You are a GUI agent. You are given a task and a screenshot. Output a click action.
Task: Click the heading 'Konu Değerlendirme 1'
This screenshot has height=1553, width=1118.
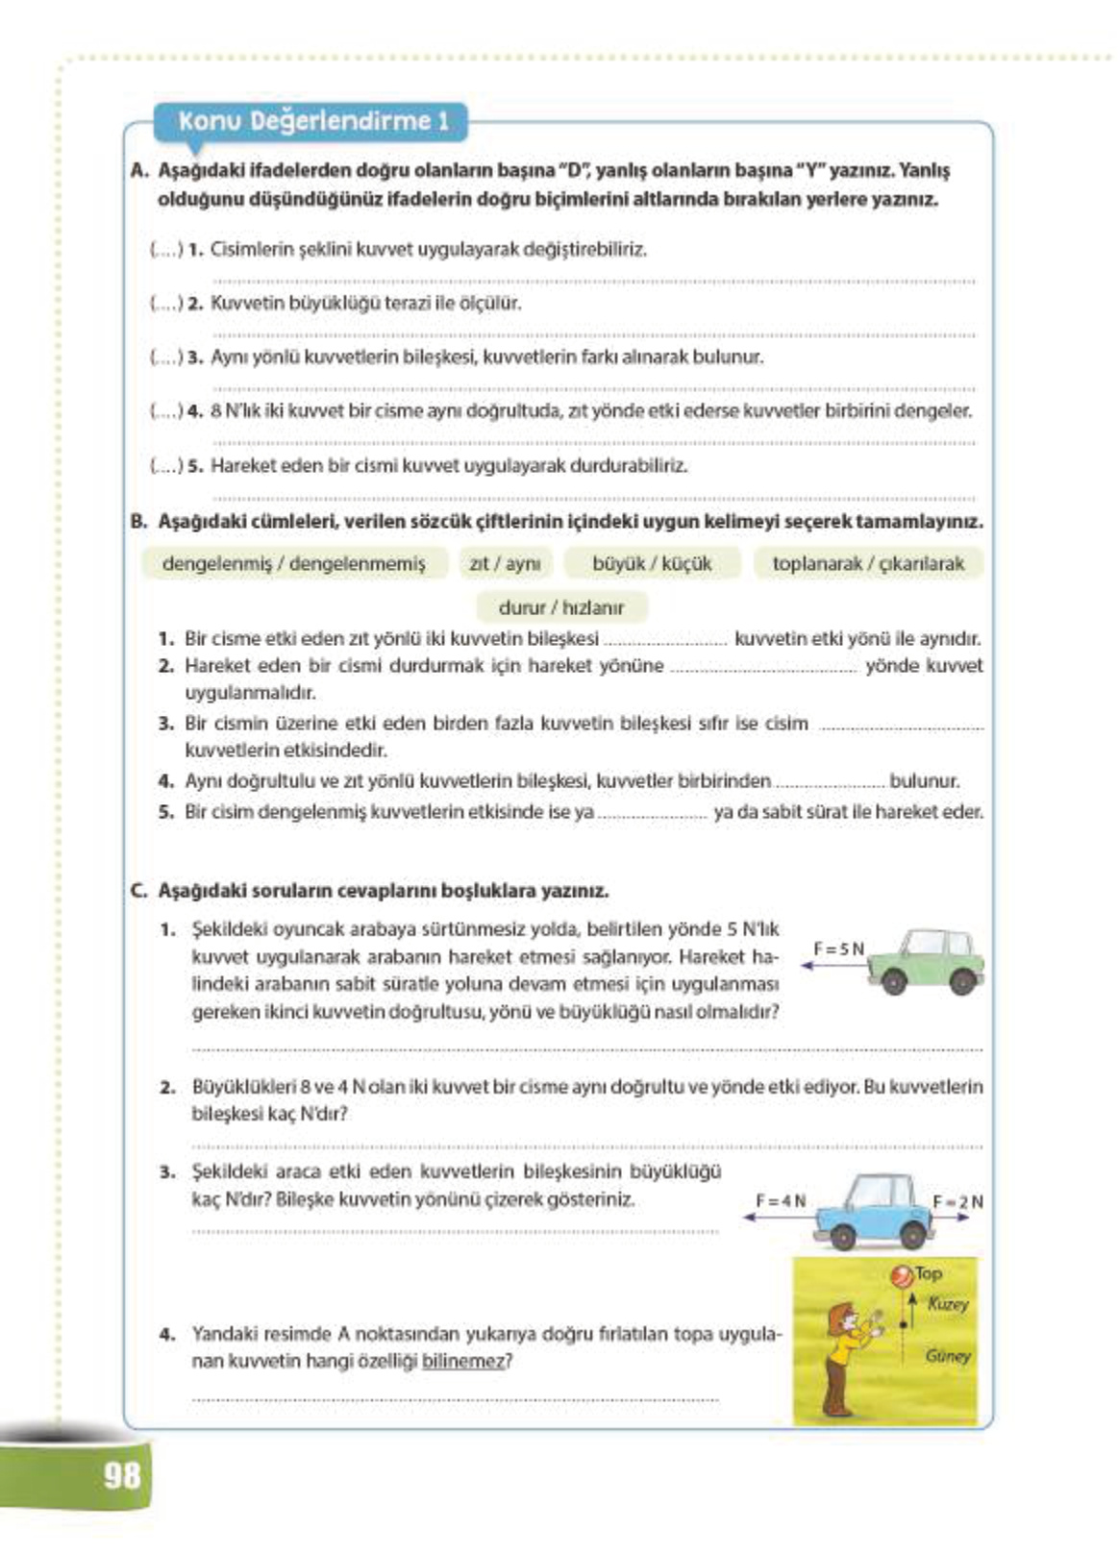coord(313,121)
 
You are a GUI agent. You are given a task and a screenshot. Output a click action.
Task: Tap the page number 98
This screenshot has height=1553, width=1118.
coord(122,1474)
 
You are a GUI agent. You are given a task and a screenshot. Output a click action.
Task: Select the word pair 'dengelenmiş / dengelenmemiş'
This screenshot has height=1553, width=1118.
coord(293,564)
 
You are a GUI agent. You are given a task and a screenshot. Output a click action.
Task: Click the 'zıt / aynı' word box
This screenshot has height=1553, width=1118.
coord(505,564)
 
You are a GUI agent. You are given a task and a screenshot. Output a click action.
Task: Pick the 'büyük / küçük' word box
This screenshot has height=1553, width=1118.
coord(652,564)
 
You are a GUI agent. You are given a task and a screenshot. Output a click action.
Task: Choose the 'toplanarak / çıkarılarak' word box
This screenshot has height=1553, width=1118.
coord(868,564)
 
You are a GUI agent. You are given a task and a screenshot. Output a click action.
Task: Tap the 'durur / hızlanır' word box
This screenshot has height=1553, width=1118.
coord(561,607)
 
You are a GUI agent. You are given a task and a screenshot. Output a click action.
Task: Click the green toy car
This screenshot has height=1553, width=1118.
coord(927,962)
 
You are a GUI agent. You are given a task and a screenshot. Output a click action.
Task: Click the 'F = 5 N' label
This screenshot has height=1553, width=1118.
coord(838,949)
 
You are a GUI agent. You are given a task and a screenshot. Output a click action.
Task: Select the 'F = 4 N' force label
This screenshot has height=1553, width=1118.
coord(781,1201)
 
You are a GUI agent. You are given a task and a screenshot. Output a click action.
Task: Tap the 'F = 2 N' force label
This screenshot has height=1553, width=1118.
coord(957,1202)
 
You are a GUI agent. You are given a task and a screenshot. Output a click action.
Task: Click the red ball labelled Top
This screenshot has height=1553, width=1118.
coord(902,1275)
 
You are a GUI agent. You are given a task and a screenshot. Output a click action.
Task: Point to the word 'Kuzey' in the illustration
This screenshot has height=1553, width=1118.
coord(948,1304)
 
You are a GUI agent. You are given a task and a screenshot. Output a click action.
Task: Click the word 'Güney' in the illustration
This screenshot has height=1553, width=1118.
coord(948,1356)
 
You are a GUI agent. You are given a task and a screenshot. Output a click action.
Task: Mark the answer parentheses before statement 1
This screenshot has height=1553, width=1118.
coord(165,250)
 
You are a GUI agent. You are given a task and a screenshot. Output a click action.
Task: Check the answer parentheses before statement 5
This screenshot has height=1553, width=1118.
coord(165,466)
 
